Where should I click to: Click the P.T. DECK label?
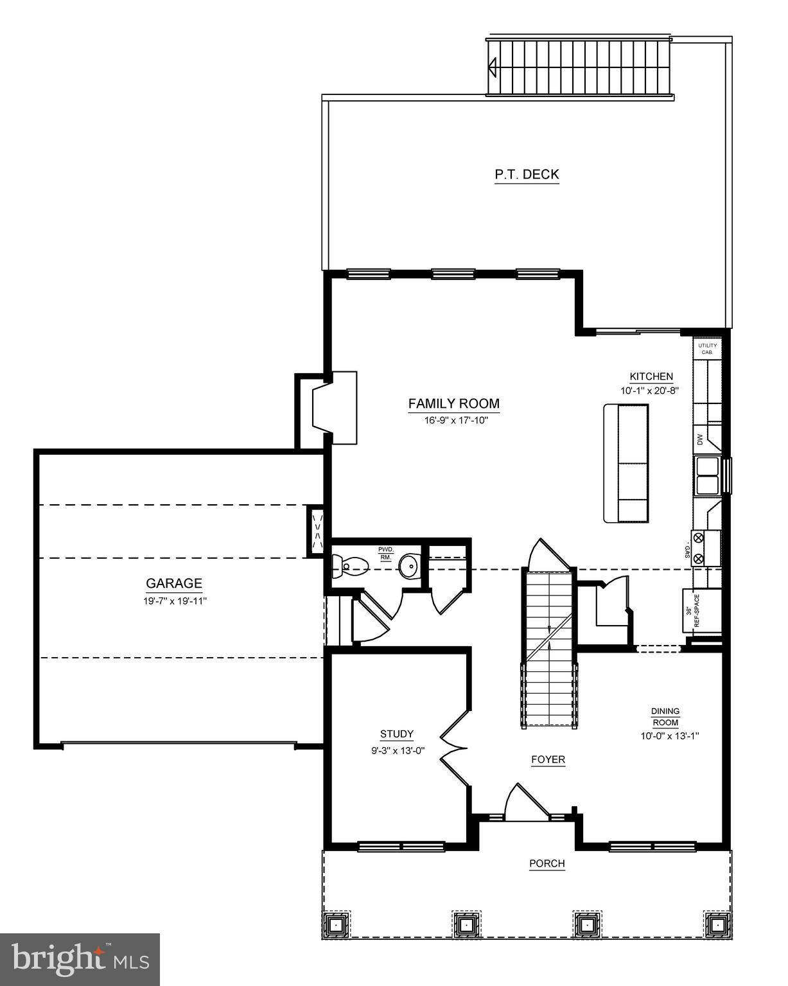tap(527, 174)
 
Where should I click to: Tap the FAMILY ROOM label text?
tap(453, 403)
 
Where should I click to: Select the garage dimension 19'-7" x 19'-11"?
tap(174, 601)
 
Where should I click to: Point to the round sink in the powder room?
tap(408, 567)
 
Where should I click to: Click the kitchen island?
tap(626, 462)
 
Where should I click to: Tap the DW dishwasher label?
tap(700, 440)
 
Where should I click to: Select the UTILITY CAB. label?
tap(707, 349)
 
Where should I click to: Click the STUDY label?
tap(396, 734)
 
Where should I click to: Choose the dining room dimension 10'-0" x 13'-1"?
tap(669, 736)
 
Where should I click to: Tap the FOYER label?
tap(548, 759)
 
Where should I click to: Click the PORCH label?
tap(547, 863)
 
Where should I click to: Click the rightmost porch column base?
tap(716, 925)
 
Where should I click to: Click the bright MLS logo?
tap(80, 959)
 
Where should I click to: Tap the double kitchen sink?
tap(707, 475)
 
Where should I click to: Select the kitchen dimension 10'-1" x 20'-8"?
tap(650, 391)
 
